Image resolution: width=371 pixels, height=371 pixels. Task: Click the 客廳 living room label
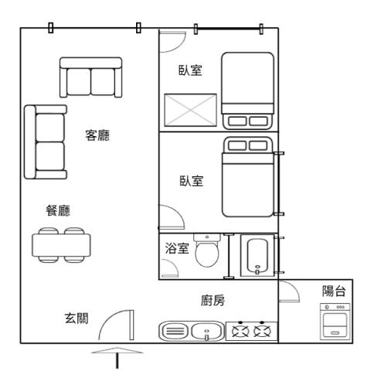(x=97, y=136)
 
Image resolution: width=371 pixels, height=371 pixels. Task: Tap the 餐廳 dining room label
(x=59, y=210)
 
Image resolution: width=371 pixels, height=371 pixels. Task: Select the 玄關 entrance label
(x=75, y=318)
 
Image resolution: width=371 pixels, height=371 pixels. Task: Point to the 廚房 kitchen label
(x=213, y=301)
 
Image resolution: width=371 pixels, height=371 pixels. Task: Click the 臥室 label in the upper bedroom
(x=190, y=71)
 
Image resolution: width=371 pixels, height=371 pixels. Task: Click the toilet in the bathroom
(x=208, y=251)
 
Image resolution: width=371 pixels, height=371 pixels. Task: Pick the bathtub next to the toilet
(x=256, y=256)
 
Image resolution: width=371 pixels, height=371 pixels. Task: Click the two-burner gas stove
(x=251, y=332)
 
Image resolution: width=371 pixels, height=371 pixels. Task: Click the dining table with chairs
(x=63, y=243)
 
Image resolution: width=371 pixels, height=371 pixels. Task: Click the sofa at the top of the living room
(x=90, y=77)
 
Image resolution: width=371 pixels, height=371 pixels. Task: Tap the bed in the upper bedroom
(x=247, y=90)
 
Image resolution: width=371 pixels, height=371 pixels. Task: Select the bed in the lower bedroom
(x=248, y=177)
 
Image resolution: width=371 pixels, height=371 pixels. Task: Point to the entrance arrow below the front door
(x=117, y=356)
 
